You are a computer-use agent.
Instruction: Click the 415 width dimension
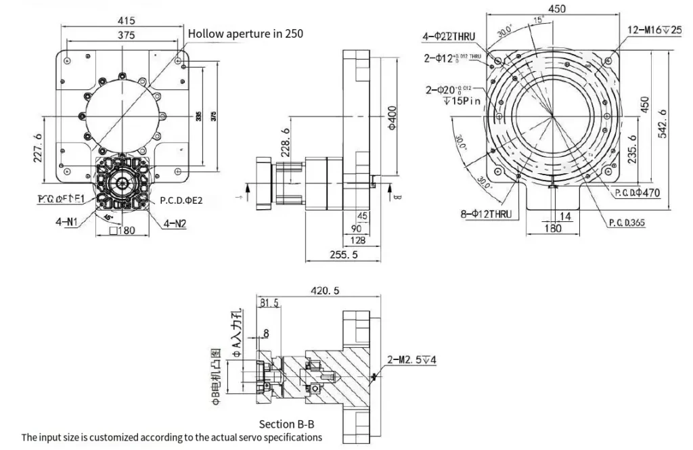(125, 21)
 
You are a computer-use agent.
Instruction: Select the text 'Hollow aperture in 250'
(245, 33)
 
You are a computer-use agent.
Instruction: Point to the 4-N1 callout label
(70, 219)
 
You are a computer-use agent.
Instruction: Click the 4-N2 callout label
(174, 223)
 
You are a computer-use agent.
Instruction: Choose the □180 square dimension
(122, 231)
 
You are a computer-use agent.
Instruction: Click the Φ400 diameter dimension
(388, 120)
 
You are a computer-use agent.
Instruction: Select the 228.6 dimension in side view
(286, 143)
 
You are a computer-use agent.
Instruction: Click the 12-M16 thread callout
(654, 30)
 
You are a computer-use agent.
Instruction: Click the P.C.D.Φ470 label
(637, 194)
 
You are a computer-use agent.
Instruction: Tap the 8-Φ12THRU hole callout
(485, 215)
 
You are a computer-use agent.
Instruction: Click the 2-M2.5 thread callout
(411, 359)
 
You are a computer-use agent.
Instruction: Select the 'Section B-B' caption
(286, 424)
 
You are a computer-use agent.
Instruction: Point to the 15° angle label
(539, 20)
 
